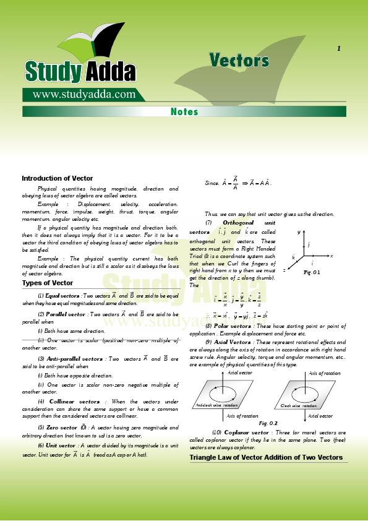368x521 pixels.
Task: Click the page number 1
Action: (x=338, y=49)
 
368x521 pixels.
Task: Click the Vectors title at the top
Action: (x=239, y=60)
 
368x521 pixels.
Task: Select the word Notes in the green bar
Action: (x=184, y=112)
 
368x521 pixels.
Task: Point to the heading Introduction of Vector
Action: (x=58, y=178)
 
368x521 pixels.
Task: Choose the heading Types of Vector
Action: (x=48, y=283)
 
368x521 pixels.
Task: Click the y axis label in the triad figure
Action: (x=298, y=231)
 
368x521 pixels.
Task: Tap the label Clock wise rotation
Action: (x=298, y=405)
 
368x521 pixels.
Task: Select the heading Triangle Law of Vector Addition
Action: (x=266, y=457)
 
